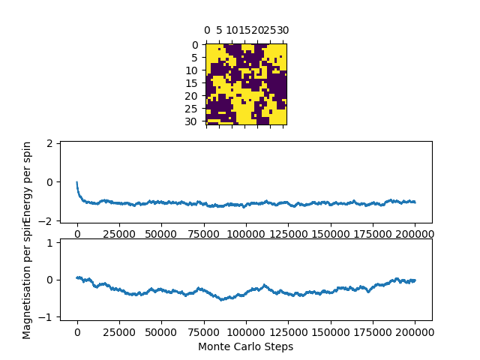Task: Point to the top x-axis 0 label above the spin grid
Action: [207, 31]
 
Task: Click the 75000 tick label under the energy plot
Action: [204, 234]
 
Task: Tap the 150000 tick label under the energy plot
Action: [331, 234]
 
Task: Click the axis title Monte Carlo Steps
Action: [245, 346]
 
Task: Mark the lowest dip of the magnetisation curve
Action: [222, 300]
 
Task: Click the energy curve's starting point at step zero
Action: [77, 182]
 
